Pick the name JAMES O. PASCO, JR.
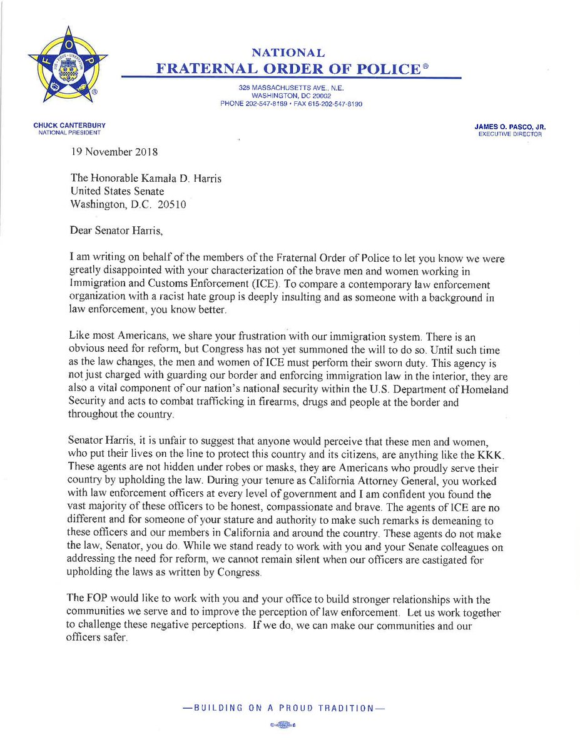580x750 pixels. click(x=511, y=127)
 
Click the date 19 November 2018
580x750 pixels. click(x=114, y=152)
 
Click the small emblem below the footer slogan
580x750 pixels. click(x=290, y=724)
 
